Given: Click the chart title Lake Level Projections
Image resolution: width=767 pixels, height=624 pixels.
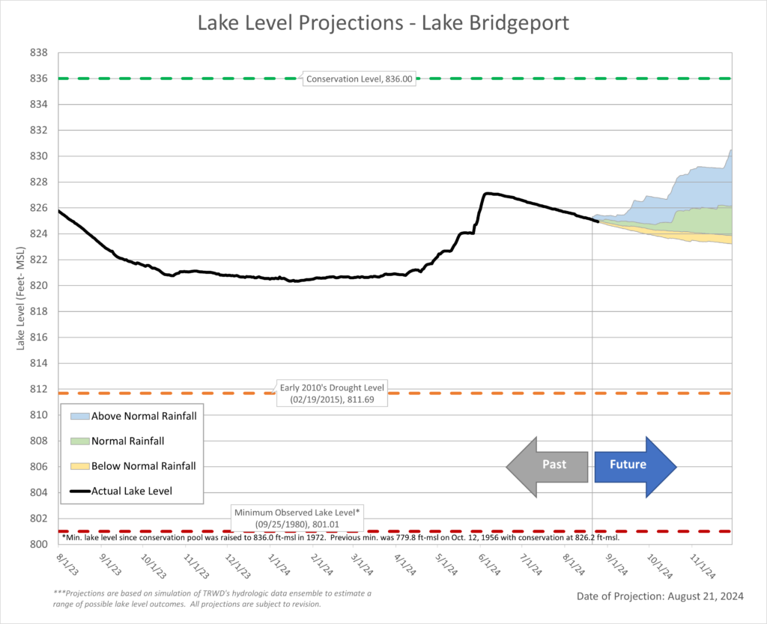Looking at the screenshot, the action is pos(383,23).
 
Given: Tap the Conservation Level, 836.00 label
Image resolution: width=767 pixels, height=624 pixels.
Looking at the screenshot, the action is pos(359,78).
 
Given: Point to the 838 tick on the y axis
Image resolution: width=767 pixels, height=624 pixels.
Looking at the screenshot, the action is pos(39,53).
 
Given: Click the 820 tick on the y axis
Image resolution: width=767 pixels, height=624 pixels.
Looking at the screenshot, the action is pos(39,286).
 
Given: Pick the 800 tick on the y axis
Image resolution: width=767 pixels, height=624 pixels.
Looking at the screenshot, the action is pos(39,545).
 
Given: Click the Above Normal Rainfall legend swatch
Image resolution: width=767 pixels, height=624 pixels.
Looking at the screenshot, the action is pos(79,416).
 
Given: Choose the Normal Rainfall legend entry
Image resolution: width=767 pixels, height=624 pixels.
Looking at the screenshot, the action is pos(127,441).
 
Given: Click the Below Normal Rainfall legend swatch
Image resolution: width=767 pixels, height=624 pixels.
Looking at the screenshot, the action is pos(79,466).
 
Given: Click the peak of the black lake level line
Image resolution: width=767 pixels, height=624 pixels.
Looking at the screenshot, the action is pos(488,194).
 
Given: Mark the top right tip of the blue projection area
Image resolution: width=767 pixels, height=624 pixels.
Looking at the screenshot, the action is pos(731,150).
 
